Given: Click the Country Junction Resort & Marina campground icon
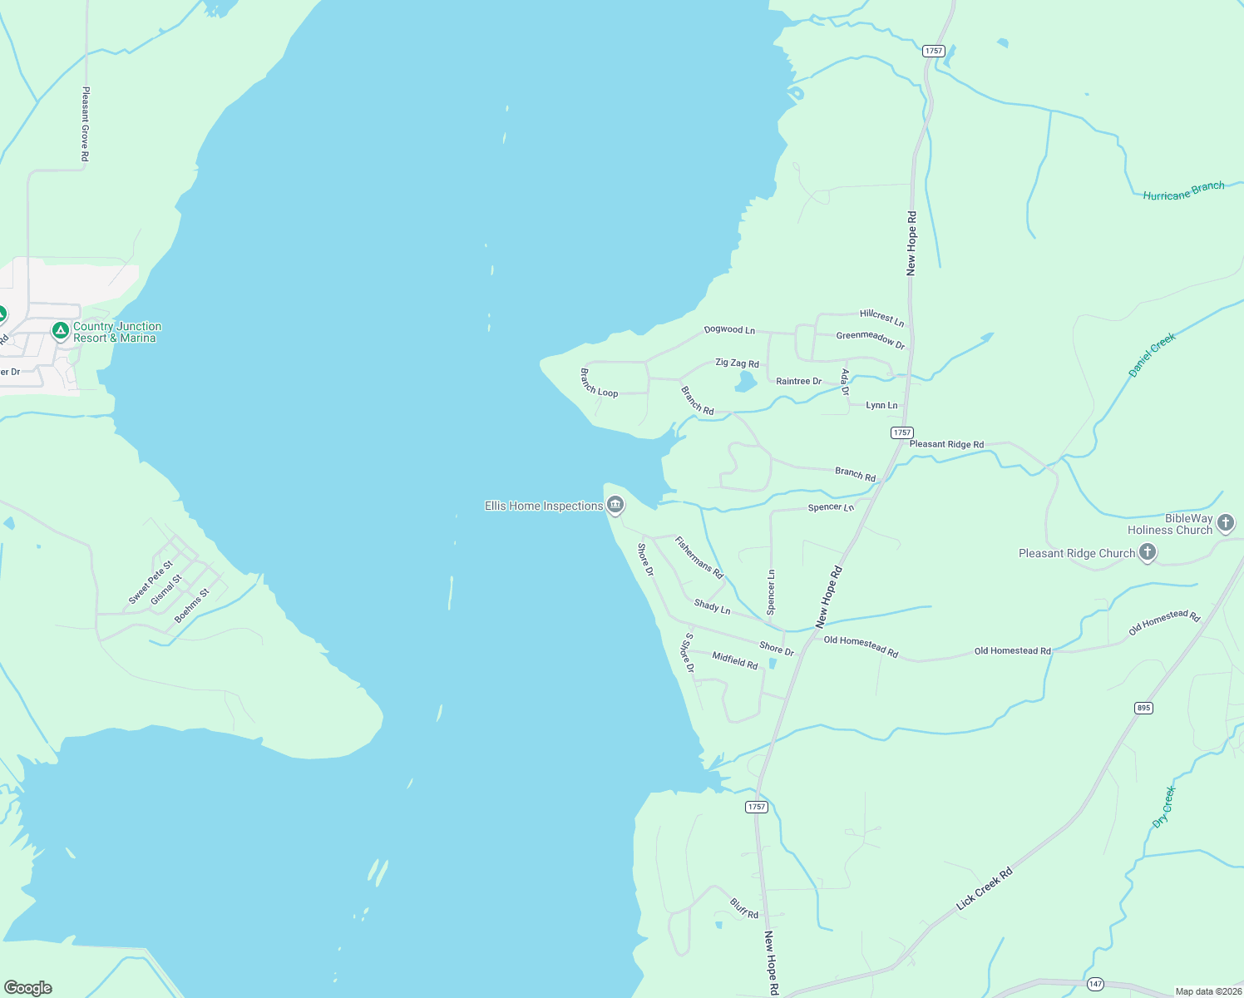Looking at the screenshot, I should click(x=60, y=331).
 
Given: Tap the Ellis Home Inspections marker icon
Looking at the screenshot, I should click(x=615, y=504).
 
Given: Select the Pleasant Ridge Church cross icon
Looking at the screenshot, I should click(x=1148, y=551).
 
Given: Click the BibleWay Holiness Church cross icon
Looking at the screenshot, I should click(x=1225, y=523).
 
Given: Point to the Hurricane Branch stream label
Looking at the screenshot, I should click(x=1183, y=191).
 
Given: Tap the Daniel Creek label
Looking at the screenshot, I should click(x=1153, y=355).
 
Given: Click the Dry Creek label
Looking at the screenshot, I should click(x=1164, y=807).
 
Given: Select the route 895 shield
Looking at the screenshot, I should click(x=1143, y=708).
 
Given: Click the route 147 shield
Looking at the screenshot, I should click(x=1095, y=985).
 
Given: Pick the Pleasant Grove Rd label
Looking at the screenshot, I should click(x=85, y=124).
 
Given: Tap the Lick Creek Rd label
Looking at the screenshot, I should click(x=985, y=888).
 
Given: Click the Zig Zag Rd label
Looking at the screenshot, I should click(x=737, y=363).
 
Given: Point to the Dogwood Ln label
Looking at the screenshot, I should click(x=729, y=329).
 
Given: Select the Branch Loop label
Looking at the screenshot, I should click(x=599, y=383).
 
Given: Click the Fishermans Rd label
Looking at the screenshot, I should click(x=699, y=557).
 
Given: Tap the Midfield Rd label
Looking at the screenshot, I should click(x=735, y=660).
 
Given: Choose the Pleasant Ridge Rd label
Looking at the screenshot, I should click(x=946, y=444).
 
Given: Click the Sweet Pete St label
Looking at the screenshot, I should click(x=151, y=582).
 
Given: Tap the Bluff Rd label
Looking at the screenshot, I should click(x=744, y=908).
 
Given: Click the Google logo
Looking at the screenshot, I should click(x=28, y=988).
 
